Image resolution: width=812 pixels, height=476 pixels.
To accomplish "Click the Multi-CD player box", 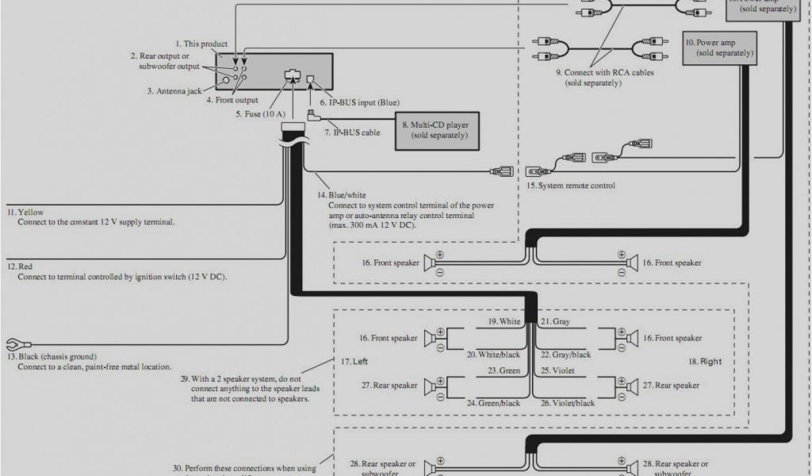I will pos(439,130).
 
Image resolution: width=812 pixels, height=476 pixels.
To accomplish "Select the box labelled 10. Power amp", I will pos(719,48).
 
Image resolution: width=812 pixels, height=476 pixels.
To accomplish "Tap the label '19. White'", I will pos(504,322).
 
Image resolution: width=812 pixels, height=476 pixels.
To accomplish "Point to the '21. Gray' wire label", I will pos(556,322).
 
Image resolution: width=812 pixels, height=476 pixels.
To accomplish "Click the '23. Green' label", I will pos(504,370).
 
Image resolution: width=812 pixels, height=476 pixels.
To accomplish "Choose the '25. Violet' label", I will pos(558,370).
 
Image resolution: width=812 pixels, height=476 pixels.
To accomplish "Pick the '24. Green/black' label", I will pos(494,403).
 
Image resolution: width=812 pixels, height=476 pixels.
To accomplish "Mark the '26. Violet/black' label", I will pos(568,403).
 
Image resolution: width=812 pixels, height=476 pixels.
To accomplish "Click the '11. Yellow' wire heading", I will pos(26,212).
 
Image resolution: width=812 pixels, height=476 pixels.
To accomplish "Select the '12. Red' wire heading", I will pos(21,266).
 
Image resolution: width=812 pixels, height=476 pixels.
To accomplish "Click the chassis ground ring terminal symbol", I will pos(12,344).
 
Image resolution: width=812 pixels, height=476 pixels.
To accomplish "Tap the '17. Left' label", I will pos(354,362).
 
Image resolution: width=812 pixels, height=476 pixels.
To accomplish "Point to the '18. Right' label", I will pos(704,362).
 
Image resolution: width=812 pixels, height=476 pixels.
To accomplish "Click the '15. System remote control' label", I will pos(570,186).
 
